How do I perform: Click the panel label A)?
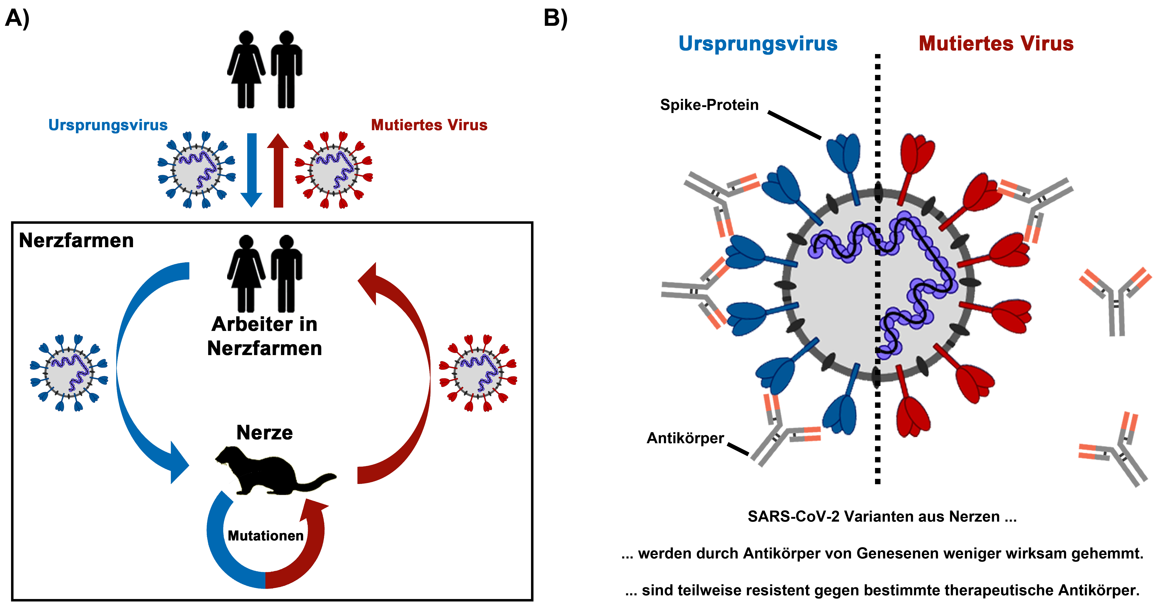[x=17, y=19]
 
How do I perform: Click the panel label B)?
[x=556, y=19]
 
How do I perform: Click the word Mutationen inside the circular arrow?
[x=265, y=536]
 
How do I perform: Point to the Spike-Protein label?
[x=709, y=105]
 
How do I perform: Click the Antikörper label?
[x=685, y=438]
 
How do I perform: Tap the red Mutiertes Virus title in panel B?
[x=996, y=44]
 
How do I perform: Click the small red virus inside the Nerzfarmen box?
[x=478, y=373]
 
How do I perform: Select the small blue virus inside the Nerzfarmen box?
[x=69, y=373]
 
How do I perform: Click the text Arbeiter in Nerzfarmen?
[x=265, y=336]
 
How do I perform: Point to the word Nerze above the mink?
[x=265, y=433]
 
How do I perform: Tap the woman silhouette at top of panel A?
[x=246, y=70]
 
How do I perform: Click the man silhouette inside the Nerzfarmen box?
[x=286, y=273]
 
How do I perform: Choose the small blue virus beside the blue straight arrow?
[x=196, y=170]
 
